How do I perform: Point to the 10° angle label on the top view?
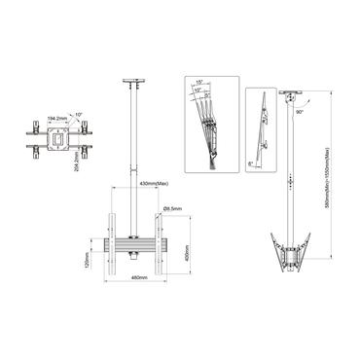[75, 112]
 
